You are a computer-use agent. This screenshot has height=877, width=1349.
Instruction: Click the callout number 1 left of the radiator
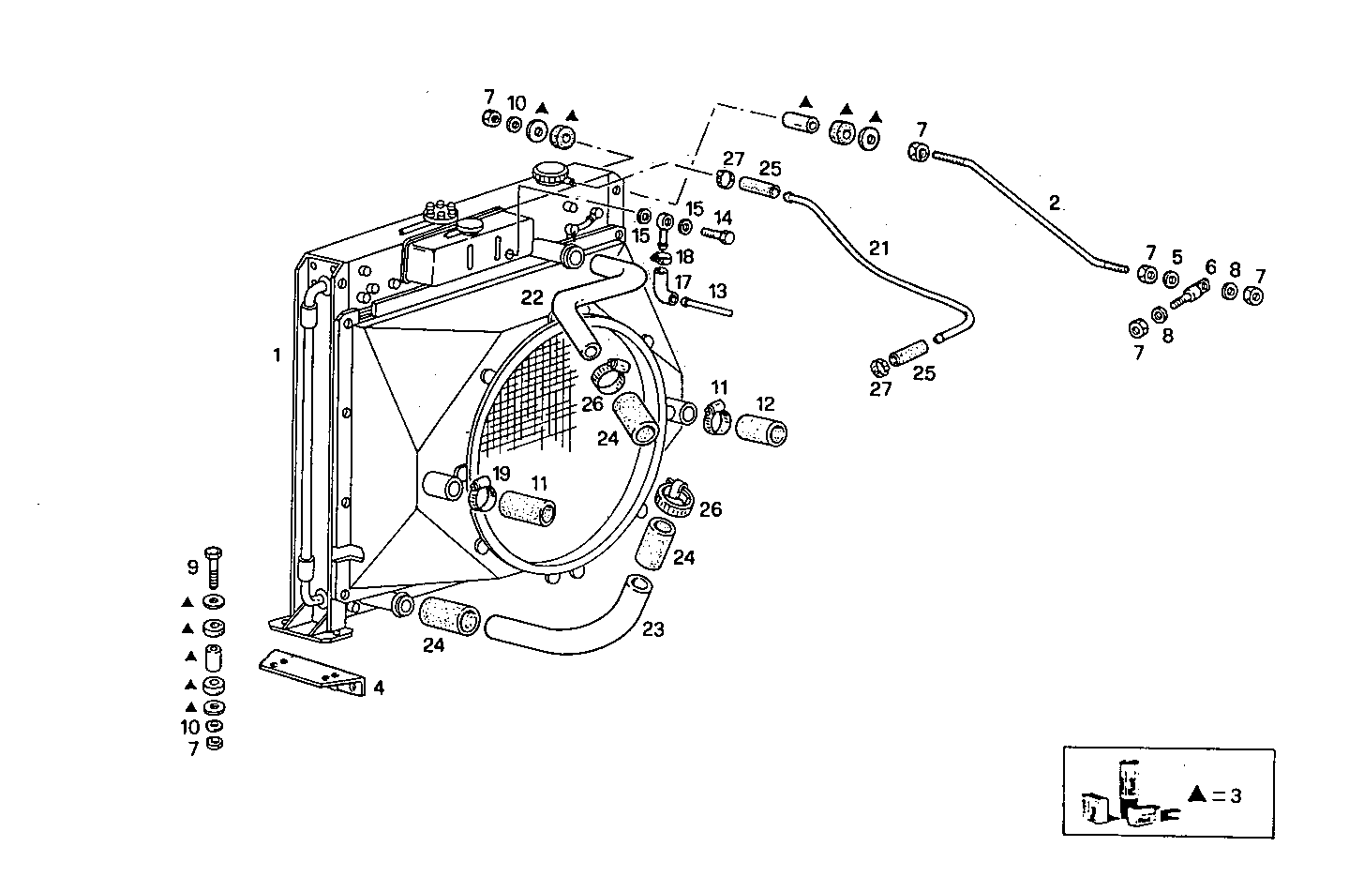coord(277,355)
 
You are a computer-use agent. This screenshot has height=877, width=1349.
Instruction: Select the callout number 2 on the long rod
coord(1055,203)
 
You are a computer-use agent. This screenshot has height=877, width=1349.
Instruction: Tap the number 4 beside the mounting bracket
coord(379,688)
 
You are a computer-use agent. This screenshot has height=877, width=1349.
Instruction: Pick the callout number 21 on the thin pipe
coord(878,249)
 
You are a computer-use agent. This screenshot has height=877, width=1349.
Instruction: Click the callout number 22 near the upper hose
coord(532,297)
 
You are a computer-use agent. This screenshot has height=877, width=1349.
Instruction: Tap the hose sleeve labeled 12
coord(761,430)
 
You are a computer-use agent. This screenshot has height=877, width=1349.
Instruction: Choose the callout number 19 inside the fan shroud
coord(502,474)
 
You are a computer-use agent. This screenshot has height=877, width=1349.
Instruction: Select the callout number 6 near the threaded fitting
coord(1210,267)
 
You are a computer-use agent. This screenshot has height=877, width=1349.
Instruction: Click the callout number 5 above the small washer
coord(1177,256)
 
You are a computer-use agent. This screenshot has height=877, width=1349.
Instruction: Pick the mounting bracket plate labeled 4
coord(309,671)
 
